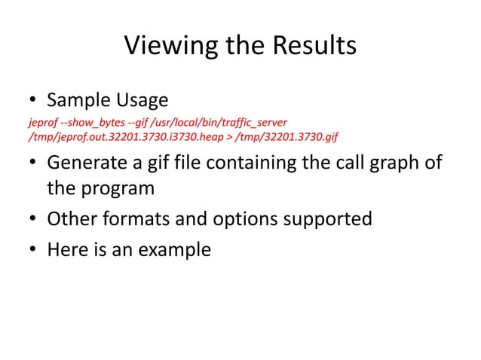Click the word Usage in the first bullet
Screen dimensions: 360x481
point(142,100)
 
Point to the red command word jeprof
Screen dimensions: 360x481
point(41,122)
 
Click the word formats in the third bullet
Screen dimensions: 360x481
point(142,219)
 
